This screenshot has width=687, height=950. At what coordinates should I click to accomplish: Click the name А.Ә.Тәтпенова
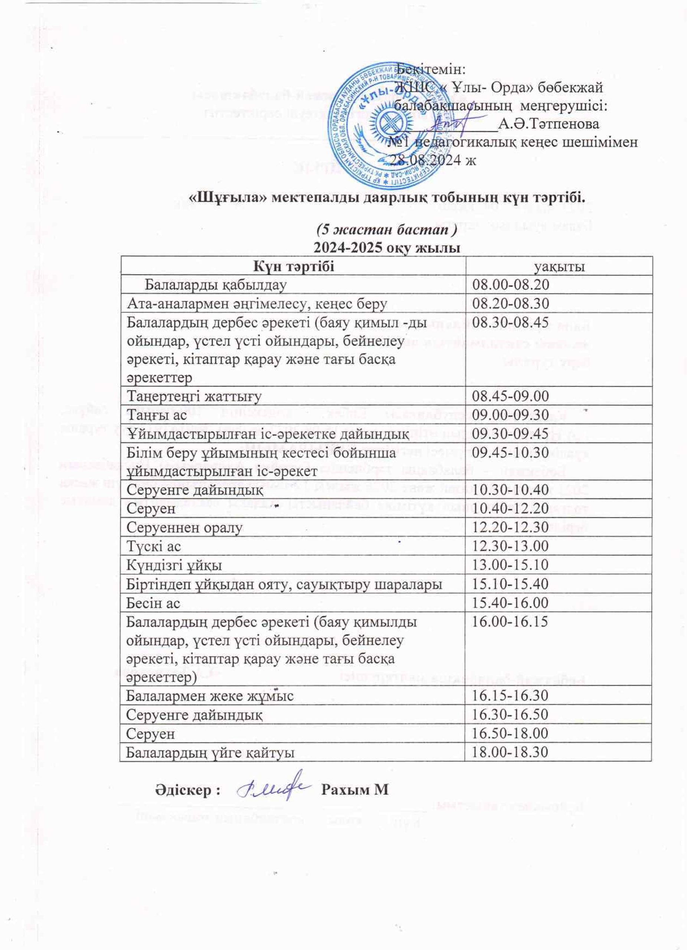click(x=549, y=124)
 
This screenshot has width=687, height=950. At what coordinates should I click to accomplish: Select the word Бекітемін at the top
click(x=432, y=69)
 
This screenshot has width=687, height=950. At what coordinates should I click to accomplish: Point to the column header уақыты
click(x=559, y=266)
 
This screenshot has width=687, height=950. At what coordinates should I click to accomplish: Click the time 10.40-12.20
click(x=510, y=508)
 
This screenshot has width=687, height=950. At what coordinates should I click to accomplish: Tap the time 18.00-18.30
click(x=510, y=752)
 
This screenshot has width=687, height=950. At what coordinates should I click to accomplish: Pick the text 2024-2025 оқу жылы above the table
click(x=387, y=248)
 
